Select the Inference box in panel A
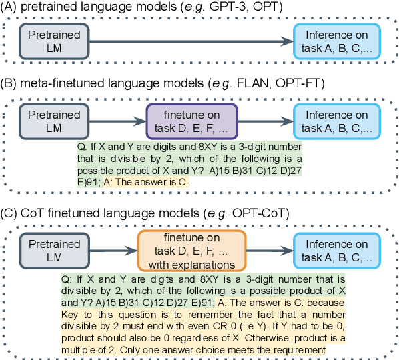338,41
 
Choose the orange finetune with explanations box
191,249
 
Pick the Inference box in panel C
338,249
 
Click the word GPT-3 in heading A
236,7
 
